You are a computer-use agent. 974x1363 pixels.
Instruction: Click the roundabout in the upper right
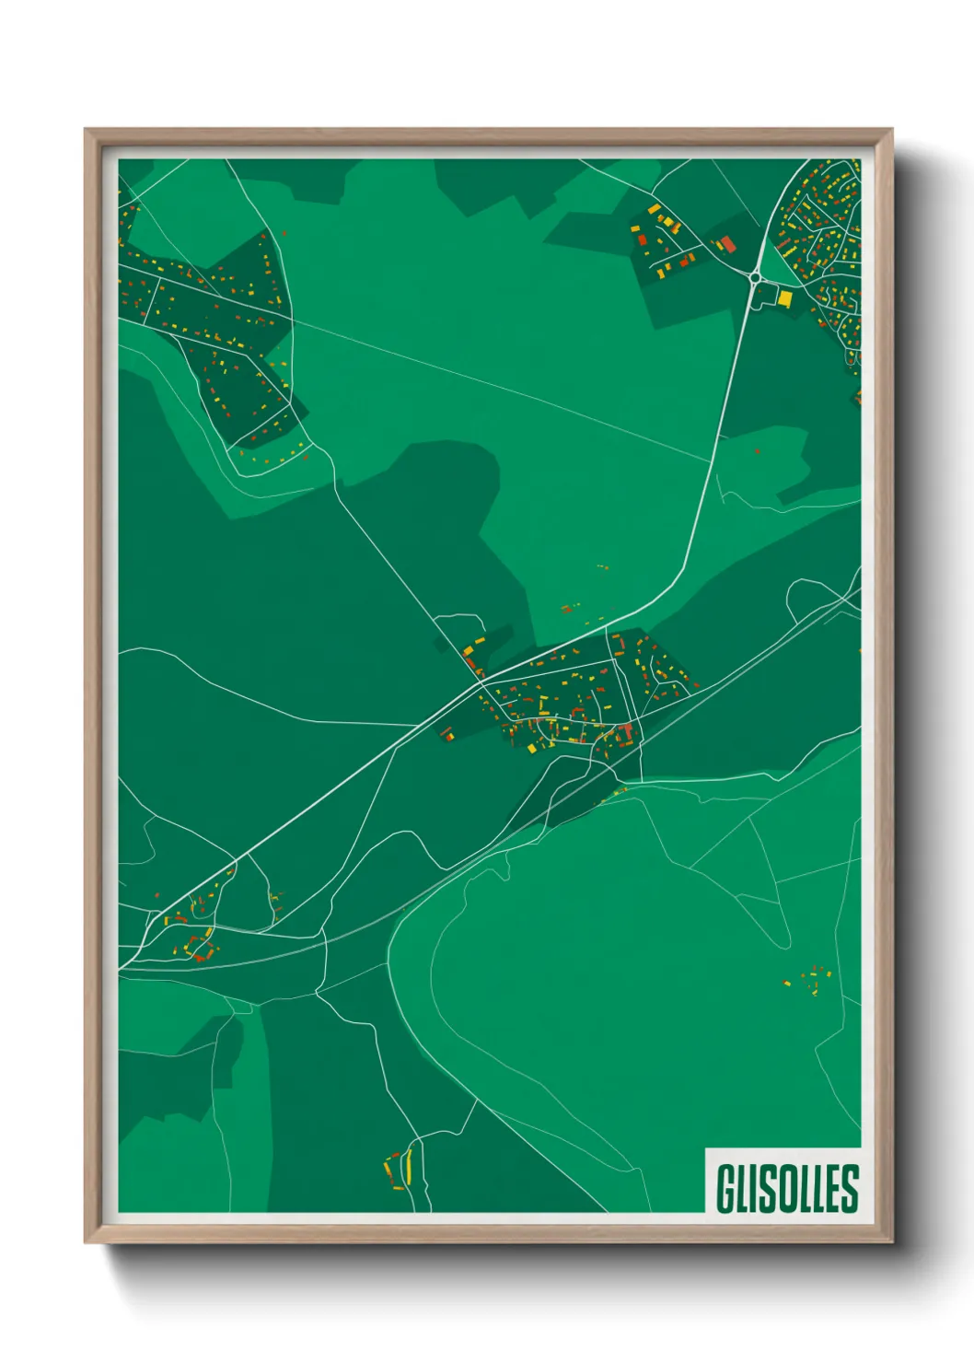pyautogui.click(x=755, y=275)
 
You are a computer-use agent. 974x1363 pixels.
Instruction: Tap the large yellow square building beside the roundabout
pyautogui.click(x=785, y=298)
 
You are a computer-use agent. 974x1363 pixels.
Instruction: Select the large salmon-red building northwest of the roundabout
pyautogui.click(x=726, y=244)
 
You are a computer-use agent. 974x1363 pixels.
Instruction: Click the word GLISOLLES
pyautogui.click(x=787, y=1188)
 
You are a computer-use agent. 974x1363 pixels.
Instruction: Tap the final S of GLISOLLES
pyautogui.click(x=850, y=1188)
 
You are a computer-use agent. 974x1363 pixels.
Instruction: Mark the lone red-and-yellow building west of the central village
pyautogui.click(x=447, y=734)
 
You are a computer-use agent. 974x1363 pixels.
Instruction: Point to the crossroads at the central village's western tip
pyautogui.click(x=481, y=682)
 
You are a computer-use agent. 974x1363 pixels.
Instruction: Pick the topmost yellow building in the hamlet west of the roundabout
pyautogui.click(x=653, y=210)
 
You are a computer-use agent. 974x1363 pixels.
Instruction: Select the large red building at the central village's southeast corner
pyautogui.click(x=629, y=733)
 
